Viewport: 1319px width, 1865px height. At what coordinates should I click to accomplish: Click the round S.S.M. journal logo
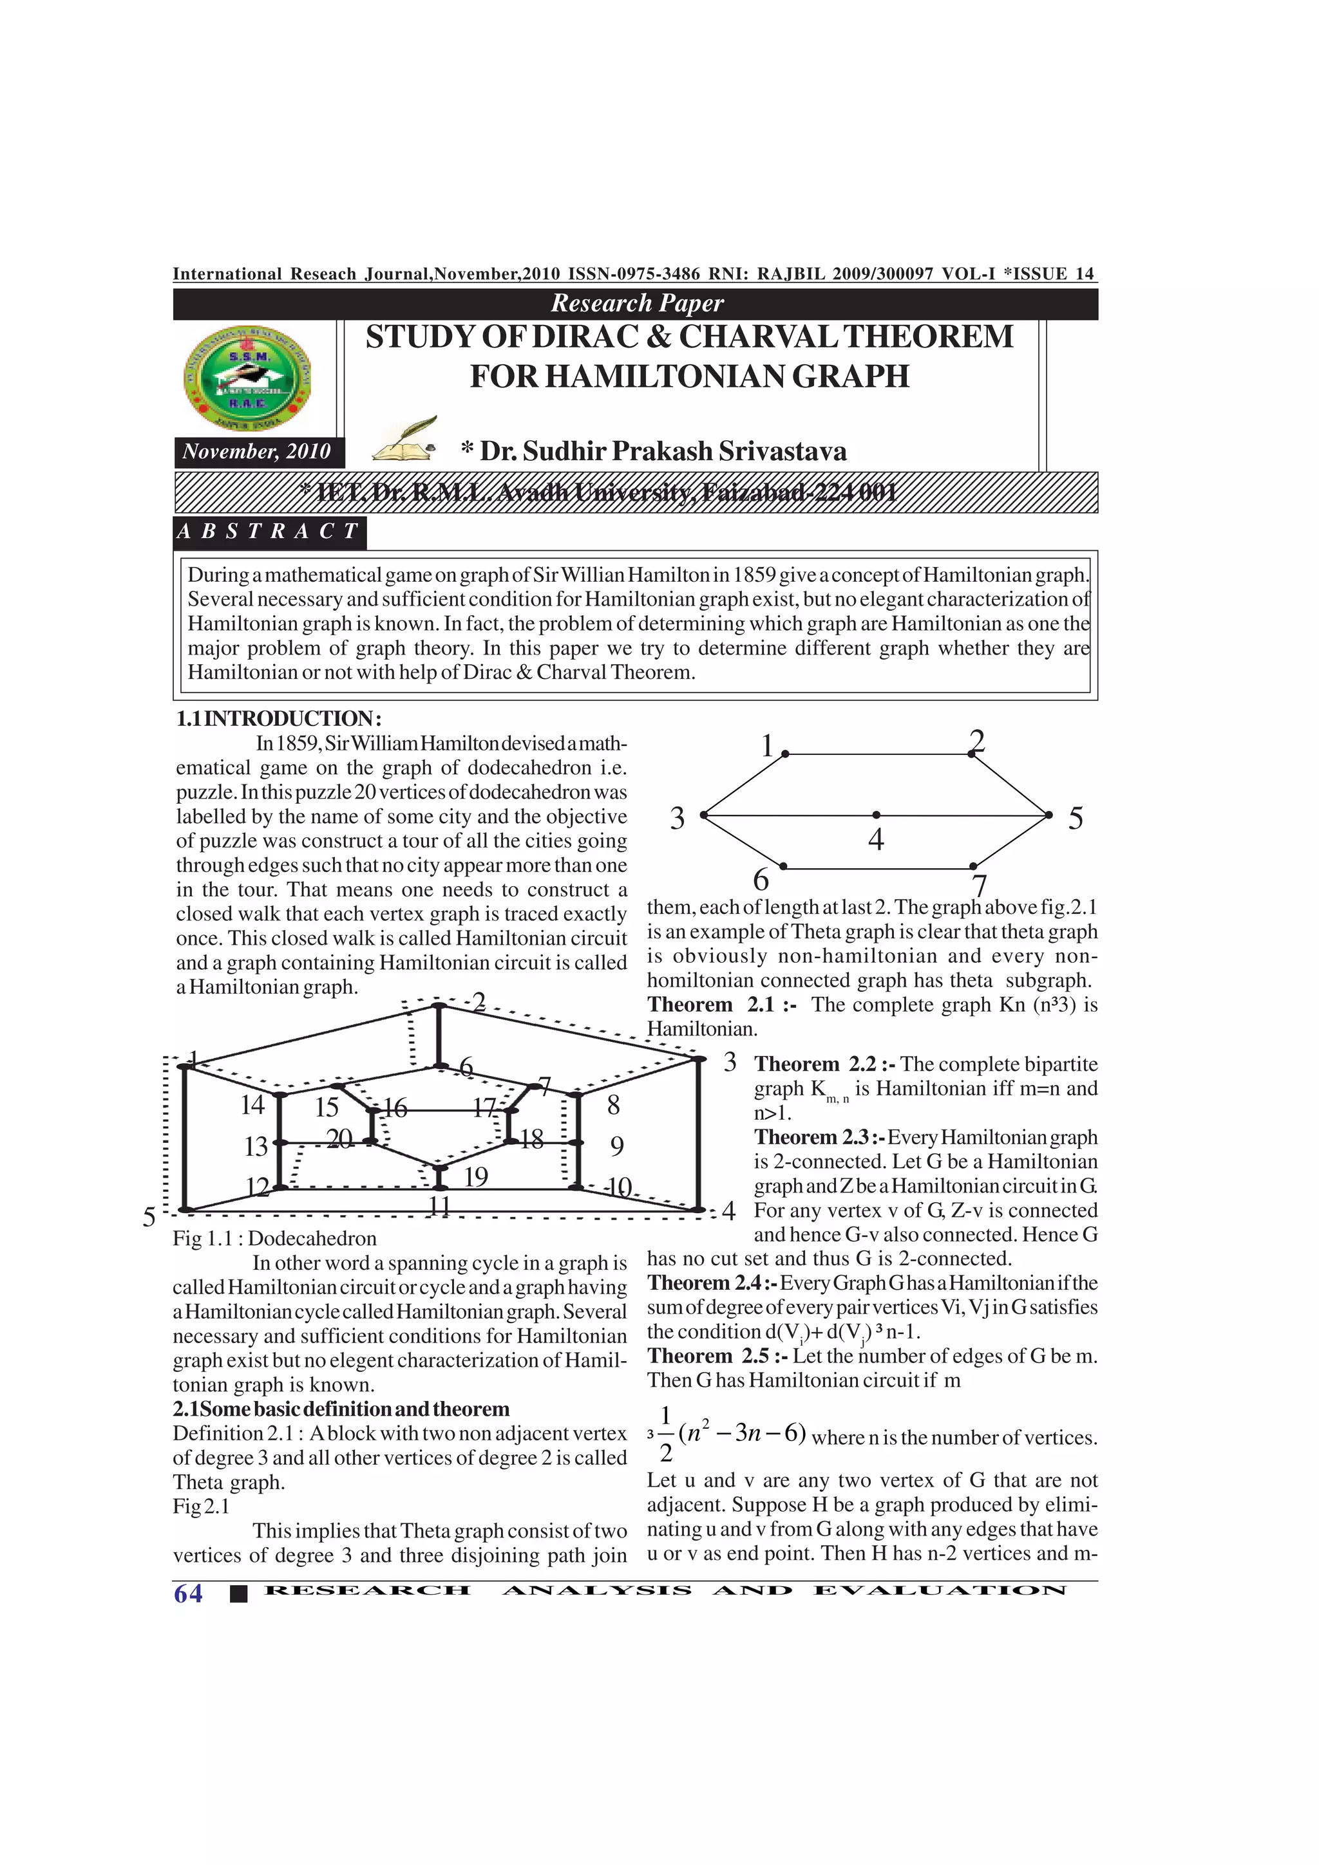(249, 378)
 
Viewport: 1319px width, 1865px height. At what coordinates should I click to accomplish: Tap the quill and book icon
(404, 440)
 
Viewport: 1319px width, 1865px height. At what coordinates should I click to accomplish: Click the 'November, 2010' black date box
(257, 452)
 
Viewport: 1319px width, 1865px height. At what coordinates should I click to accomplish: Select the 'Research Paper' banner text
(636, 303)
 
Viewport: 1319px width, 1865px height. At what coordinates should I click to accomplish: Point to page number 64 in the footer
(187, 1593)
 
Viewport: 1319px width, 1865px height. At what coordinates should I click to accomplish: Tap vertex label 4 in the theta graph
(875, 839)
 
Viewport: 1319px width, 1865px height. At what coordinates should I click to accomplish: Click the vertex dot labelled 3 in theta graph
(704, 814)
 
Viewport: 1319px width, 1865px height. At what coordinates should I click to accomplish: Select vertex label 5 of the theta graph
(1075, 819)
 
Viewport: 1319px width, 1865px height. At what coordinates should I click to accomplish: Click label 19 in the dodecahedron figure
(475, 1176)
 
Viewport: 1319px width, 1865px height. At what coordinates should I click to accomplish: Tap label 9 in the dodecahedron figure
(617, 1146)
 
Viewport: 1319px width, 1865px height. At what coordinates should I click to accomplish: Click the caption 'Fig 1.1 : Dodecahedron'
(275, 1238)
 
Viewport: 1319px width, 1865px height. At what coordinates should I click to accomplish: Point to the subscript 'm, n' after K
(837, 1099)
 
